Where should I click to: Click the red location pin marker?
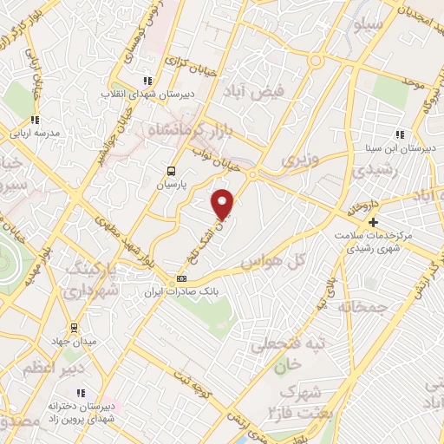click(x=224, y=204)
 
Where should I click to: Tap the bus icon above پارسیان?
click(x=171, y=171)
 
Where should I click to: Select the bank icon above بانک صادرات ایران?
click(x=181, y=278)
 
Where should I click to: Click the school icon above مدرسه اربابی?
click(x=35, y=121)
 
